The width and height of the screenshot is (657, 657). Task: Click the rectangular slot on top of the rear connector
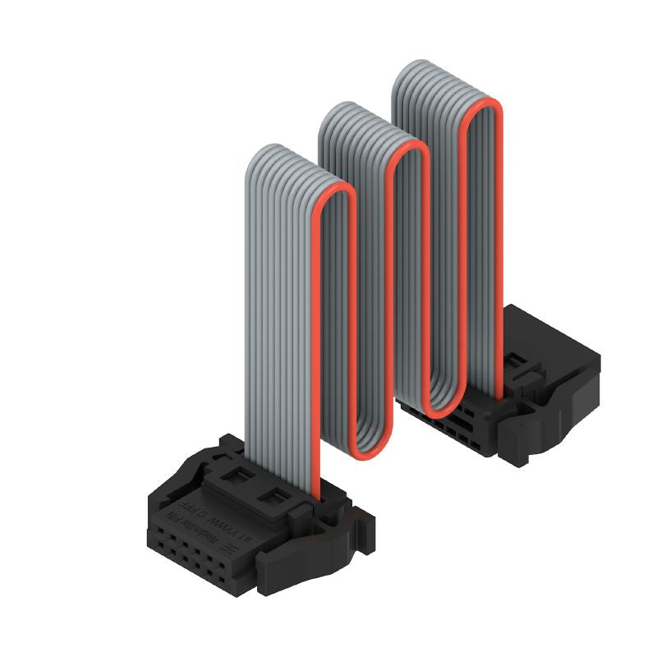click(516, 361)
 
